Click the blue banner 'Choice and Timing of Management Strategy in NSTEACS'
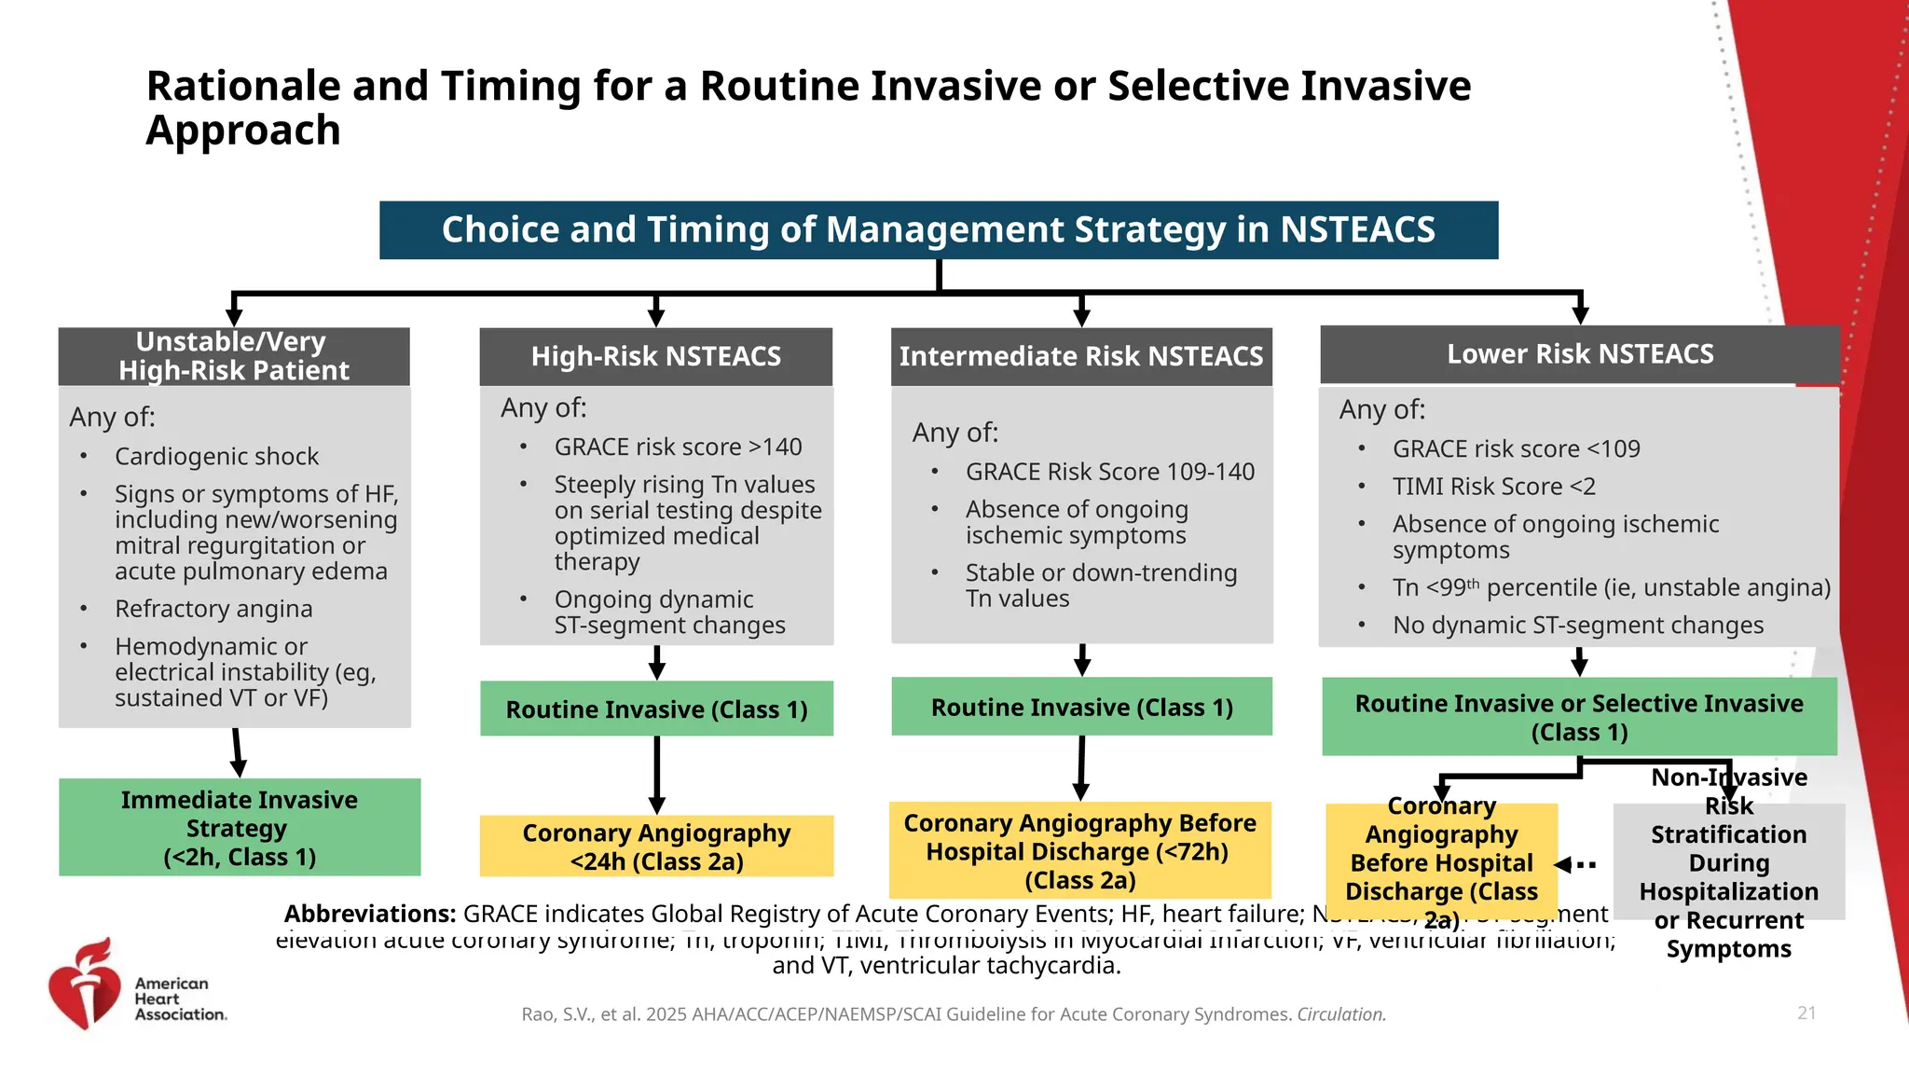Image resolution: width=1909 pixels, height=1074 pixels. (x=938, y=230)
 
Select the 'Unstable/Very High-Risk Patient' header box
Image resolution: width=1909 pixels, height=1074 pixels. (x=233, y=356)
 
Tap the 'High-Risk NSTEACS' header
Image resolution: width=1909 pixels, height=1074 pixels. (x=655, y=356)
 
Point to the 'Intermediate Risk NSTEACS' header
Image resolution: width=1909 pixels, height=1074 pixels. (x=1080, y=356)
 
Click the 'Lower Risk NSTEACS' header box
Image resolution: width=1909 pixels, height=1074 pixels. (x=1579, y=354)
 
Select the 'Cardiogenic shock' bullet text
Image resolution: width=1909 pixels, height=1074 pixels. (x=216, y=457)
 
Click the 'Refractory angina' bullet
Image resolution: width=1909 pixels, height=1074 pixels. (x=213, y=609)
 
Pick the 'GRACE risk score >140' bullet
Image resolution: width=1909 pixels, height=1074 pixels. (x=678, y=447)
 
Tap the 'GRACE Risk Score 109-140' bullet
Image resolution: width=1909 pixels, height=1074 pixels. (x=1109, y=472)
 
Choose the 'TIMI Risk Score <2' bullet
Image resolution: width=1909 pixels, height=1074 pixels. (x=1493, y=487)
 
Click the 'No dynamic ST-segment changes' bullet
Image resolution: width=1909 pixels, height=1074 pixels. (x=1577, y=626)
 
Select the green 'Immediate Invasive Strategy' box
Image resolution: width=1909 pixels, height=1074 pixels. (x=240, y=828)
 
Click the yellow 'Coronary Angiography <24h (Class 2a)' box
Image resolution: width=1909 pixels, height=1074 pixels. (x=656, y=847)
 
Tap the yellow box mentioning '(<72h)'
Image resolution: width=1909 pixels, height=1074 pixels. (x=1079, y=850)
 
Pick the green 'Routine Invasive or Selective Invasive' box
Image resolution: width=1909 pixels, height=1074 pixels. (x=1579, y=717)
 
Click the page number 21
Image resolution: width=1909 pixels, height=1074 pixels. (x=1806, y=1012)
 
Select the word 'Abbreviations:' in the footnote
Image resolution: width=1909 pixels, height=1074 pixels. (x=369, y=914)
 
